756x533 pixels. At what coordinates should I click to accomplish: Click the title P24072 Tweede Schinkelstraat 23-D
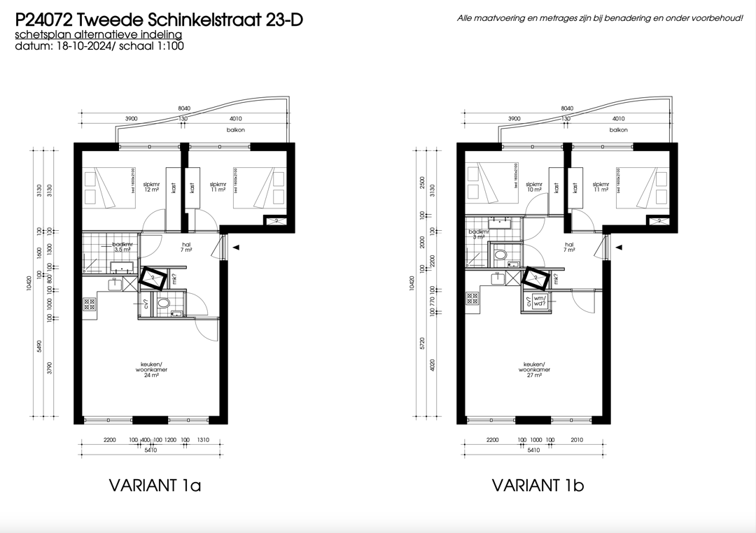[x=159, y=20]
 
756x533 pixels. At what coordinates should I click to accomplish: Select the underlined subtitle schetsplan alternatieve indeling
[x=98, y=35]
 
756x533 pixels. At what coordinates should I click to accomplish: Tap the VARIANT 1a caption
[x=155, y=485]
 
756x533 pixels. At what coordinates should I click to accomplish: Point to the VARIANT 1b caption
[x=538, y=485]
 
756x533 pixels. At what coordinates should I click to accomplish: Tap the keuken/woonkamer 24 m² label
[x=152, y=370]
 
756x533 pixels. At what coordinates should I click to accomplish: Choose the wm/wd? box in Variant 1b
[x=539, y=302]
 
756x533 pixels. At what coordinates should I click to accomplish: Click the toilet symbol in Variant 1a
[x=164, y=304]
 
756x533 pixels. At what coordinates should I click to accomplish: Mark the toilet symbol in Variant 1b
[x=500, y=256]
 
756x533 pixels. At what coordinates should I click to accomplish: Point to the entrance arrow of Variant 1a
[x=237, y=247]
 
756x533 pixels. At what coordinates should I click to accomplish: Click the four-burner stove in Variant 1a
[x=90, y=304]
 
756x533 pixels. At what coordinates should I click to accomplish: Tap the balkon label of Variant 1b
[x=618, y=130]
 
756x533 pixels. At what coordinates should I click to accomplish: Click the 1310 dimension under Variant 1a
[x=204, y=439]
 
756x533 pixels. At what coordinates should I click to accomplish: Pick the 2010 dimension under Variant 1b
[x=577, y=439]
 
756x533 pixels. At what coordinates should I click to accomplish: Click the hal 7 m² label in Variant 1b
[x=569, y=246]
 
